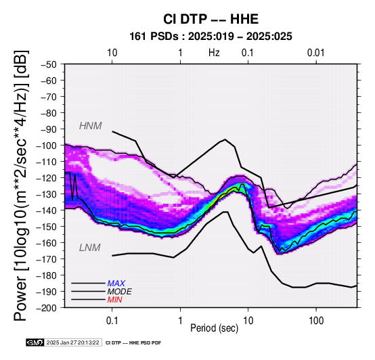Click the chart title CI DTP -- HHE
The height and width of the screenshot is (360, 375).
click(x=211, y=19)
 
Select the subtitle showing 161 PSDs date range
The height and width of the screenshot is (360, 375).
click(x=211, y=37)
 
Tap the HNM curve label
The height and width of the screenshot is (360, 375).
click(x=91, y=126)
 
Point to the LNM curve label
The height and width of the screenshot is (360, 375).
click(x=89, y=248)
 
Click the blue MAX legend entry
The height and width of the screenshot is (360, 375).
click(x=116, y=284)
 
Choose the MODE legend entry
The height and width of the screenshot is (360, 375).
click(x=119, y=292)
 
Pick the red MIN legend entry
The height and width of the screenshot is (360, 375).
click(x=114, y=300)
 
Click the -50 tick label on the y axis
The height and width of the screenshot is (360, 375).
click(x=49, y=64)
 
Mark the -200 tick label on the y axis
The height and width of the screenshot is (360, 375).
click(x=47, y=308)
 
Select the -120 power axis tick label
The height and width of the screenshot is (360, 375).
click(x=47, y=178)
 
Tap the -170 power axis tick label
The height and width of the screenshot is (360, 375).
click(x=47, y=259)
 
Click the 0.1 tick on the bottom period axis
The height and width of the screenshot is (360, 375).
click(x=112, y=321)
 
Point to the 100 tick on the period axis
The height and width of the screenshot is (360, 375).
click(x=316, y=321)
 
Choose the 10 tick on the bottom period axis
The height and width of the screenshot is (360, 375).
click(x=248, y=321)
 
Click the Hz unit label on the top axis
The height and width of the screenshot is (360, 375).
click(x=214, y=53)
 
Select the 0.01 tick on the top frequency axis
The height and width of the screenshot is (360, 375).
click(x=316, y=53)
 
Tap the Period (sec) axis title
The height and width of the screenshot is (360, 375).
click(x=215, y=328)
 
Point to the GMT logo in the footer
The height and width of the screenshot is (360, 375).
click(x=35, y=342)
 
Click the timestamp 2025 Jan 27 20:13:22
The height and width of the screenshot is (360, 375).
click(x=73, y=342)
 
